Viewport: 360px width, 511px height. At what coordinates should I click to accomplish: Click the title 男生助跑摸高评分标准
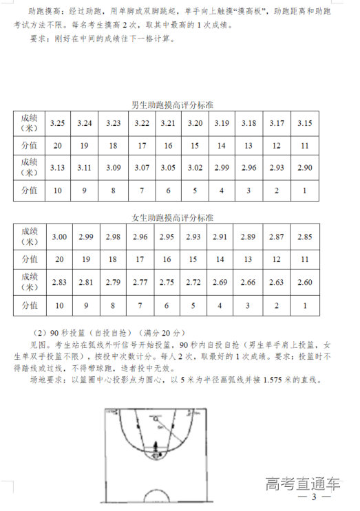click(x=172, y=106)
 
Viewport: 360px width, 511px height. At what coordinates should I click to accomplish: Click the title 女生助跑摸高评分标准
click(x=172, y=218)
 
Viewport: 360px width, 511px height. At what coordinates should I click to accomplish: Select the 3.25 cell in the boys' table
click(x=58, y=123)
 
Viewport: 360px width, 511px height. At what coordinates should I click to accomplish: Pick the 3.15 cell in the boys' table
click(x=304, y=123)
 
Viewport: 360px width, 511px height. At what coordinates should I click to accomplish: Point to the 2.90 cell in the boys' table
click(x=304, y=167)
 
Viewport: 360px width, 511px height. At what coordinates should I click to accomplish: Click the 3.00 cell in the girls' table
click(x=59, y=237)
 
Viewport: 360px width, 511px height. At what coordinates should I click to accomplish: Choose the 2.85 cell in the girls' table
click(x=304, y=237)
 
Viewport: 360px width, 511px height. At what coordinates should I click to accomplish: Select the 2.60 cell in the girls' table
click(x=304, y=281)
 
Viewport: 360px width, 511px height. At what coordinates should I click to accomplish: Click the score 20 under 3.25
click(x=58, y=146)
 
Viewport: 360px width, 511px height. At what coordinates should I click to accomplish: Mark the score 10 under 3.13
click(x=58, y=190)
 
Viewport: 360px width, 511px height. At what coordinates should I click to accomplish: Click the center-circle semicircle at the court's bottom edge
click(x=157, y=496)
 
